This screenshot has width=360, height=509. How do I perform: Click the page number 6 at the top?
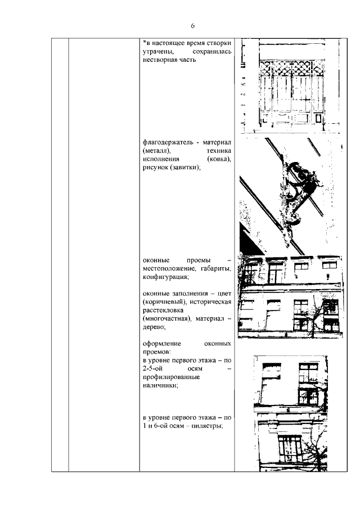coord(192,26)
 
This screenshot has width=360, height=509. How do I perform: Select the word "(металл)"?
coord(157,152)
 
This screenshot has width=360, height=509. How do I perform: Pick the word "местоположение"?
coord(169,269)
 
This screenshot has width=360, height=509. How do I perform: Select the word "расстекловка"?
coord(166,311)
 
